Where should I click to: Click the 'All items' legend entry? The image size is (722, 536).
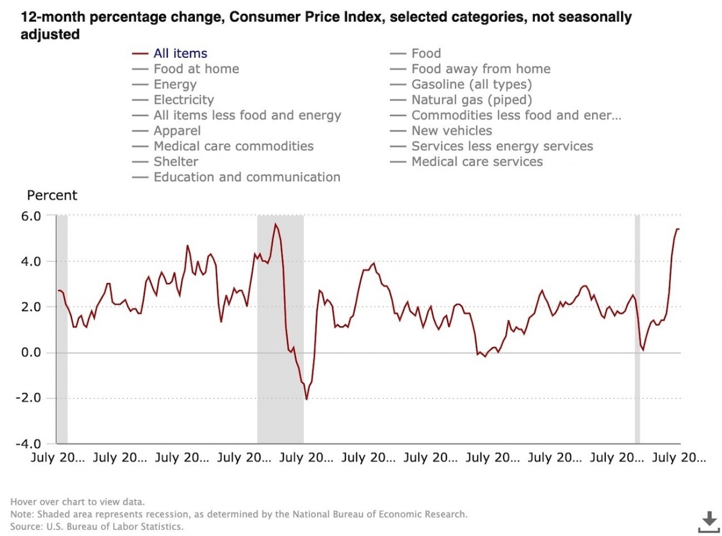coord(180,53)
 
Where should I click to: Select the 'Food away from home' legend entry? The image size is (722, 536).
coord(480,69)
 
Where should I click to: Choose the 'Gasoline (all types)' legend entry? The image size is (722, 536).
coord(471,85)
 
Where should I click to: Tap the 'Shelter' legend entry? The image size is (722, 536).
coord(176,162)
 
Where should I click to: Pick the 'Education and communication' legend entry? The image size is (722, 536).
coord(247,177)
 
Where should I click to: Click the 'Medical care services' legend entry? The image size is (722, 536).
coord(477,162)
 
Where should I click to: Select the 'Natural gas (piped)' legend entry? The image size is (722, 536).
coord(471,100)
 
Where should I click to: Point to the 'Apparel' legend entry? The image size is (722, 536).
coord(177,130)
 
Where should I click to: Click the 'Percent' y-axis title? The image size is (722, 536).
coord(52,195)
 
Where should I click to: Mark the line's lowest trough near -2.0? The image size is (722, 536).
coord(306,399)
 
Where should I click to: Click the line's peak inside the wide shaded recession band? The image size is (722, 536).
coord(275,224)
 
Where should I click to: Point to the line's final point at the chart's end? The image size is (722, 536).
coord(679,229)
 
